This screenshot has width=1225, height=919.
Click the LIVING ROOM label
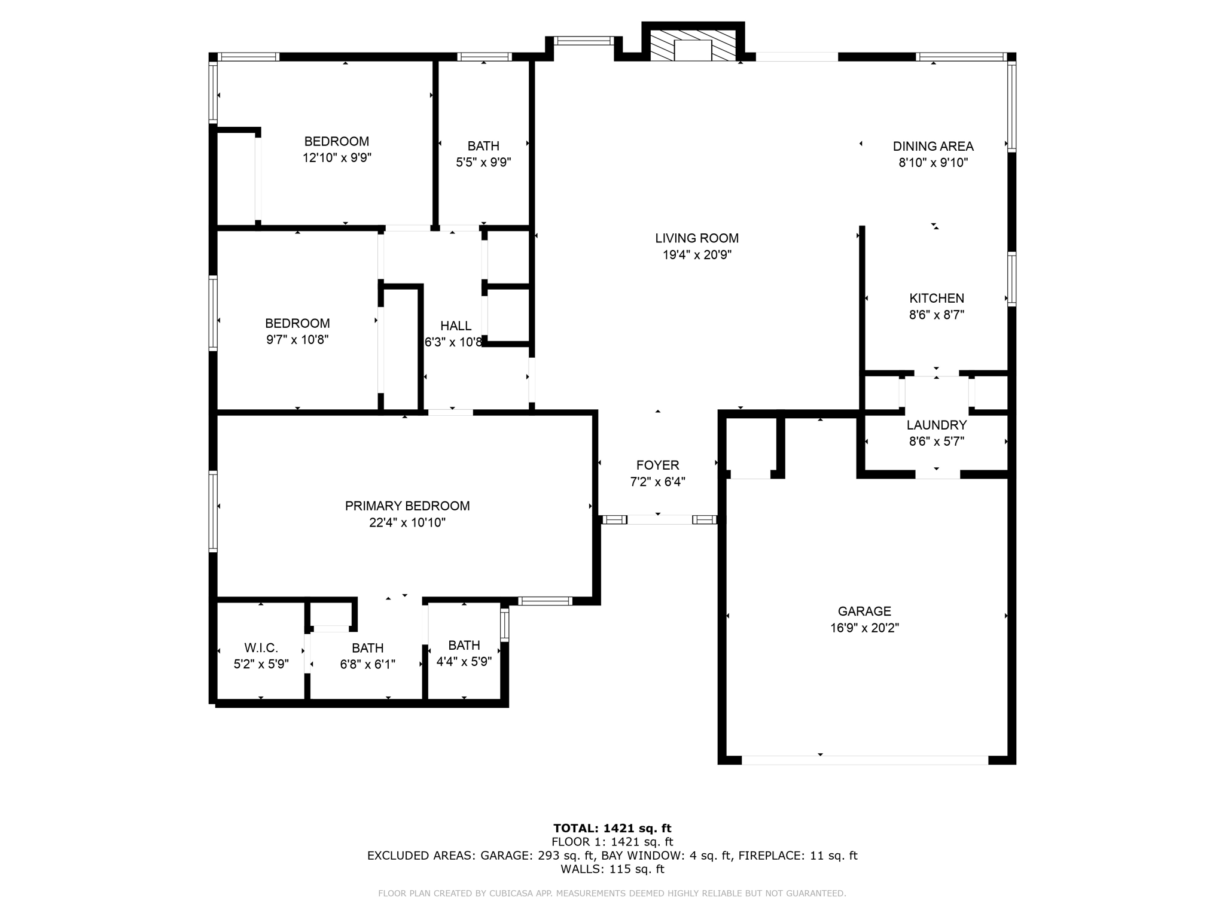point(697,238)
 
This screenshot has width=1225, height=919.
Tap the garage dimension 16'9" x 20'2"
point(864,628)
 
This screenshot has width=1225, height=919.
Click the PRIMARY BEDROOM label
point(407,506)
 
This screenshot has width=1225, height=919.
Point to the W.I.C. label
point(261,647)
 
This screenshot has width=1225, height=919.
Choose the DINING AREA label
point(933,146)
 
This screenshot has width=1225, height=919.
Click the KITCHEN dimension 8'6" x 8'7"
point(936,315)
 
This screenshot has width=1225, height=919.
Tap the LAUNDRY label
point(936,425)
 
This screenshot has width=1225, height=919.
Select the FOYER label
point(657,465)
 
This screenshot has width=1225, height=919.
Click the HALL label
point(456,325)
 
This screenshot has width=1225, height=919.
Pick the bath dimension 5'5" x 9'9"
point(483,162)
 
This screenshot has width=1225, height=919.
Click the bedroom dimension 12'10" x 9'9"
point(337,158)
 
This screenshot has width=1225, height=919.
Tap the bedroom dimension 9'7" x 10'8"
point(297,340)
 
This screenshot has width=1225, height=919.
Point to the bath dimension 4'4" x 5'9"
point(464,662)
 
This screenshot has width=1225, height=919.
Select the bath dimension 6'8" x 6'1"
point(367,664)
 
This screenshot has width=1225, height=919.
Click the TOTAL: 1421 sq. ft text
point(612,828)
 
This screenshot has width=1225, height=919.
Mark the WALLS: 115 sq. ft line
point(612,869)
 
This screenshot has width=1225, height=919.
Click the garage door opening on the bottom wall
point(864,760)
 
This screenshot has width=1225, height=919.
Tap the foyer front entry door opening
point(659,519)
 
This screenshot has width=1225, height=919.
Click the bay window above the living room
point(583,41)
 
